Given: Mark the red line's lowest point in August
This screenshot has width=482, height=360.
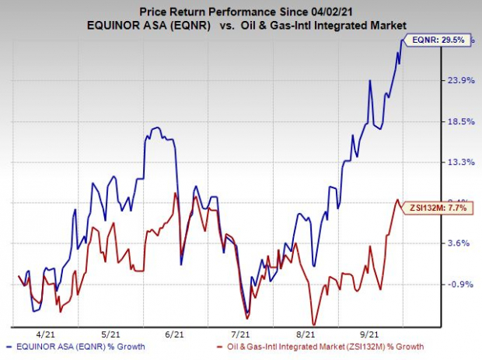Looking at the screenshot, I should click(x=313, y=324).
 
